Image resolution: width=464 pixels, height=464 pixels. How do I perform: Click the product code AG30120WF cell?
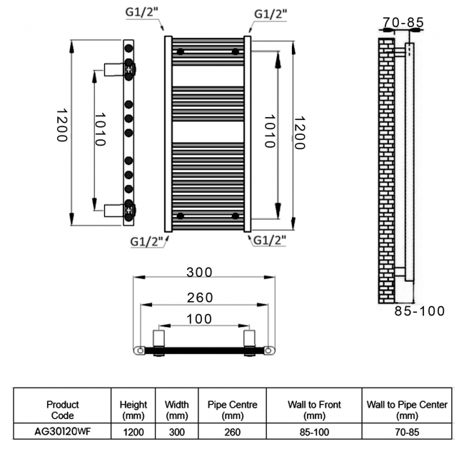point(63,431)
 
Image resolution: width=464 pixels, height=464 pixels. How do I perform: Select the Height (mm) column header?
point(133,409)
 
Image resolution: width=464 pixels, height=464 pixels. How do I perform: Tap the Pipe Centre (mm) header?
point(233,409)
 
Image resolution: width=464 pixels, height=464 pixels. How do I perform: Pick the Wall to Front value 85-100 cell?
point(314,431)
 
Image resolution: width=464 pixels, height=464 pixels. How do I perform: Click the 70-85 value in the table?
point(407,431)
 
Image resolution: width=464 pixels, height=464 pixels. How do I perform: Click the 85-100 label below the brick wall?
point(420,311)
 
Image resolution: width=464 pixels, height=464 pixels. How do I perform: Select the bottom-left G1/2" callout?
point(148,241)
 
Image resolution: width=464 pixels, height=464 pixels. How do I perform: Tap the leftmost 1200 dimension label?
point(61,125)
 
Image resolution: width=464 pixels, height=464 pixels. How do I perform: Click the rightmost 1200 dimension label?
point(299,132)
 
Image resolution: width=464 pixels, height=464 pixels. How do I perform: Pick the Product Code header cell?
point(63,409)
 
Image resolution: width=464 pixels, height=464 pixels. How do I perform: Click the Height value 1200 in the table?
point(133,431)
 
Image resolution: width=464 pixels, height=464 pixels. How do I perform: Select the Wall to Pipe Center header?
point(407,409)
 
